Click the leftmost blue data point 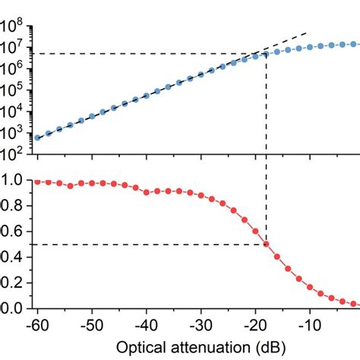[x=37, y=137]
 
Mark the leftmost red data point [x=37, y=182]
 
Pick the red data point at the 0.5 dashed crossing [x=266, y=244]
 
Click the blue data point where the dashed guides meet [x=266, y=54]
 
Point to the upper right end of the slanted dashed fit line [x=308, y=33]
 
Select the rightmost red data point [x=353, y=304]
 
